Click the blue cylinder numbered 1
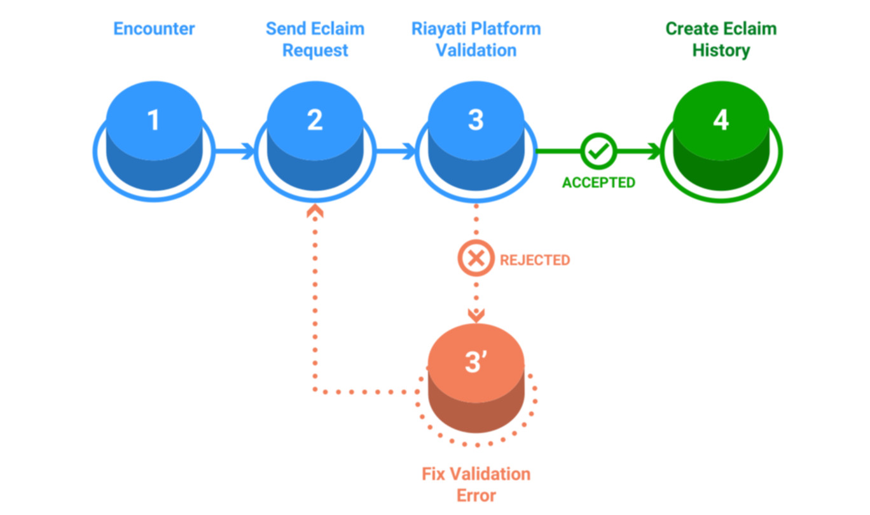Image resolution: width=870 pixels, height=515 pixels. point(154,143)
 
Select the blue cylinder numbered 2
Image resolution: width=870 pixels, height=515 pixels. point(315,143)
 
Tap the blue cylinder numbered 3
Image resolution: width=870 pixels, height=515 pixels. point(476,143)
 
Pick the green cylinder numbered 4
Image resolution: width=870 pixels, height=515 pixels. point(721,143)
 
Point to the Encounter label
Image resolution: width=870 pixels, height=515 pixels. point(154,29)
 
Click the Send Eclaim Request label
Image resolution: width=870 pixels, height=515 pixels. point(315,39)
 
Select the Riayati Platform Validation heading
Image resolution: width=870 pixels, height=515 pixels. point(476,39)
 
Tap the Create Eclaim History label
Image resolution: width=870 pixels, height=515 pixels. point(721,39)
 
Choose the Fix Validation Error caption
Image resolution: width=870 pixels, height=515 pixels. point(476,484)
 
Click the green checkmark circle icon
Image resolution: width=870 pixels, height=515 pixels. point(598,151)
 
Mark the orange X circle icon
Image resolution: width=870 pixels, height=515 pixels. point(476,259)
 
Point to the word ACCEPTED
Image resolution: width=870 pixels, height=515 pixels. point(598,183)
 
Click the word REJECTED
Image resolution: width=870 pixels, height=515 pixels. point(535,260)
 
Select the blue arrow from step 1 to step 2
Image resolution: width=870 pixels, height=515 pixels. point(235,151)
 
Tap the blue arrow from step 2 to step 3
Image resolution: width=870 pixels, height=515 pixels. point(396,151)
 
